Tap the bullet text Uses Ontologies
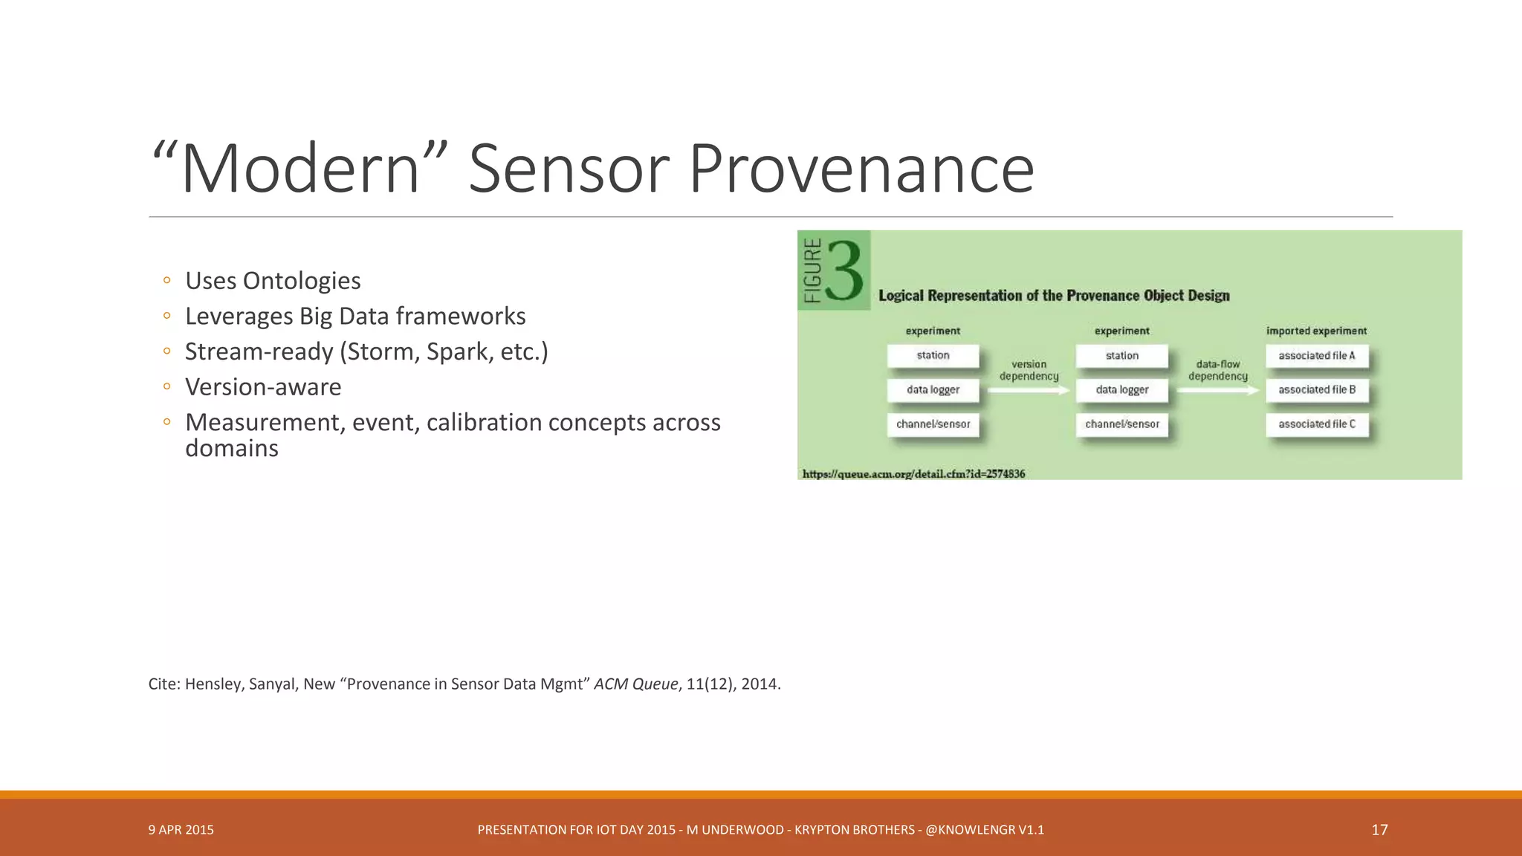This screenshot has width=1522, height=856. (273, 281)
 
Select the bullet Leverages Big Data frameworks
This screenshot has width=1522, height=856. (355, 317)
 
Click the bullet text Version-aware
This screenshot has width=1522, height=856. (263, 387)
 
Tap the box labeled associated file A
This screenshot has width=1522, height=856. (1316, 356)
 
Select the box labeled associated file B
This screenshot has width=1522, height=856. (1316, 390)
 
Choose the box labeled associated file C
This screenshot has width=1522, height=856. (1316, 424)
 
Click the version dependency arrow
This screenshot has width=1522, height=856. (1029, 390)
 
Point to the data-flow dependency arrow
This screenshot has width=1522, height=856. (1217, 390)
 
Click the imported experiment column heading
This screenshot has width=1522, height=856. (1316, 331)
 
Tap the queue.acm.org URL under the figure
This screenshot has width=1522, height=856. (913, 474)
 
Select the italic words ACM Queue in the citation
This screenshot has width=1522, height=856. (635, 684)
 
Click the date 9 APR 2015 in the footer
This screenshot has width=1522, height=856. (181, 830)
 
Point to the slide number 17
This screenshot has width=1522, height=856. (1379, 830)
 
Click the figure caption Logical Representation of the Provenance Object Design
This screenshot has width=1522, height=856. (1054, 296)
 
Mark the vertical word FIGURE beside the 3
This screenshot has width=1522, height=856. (813, 270)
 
